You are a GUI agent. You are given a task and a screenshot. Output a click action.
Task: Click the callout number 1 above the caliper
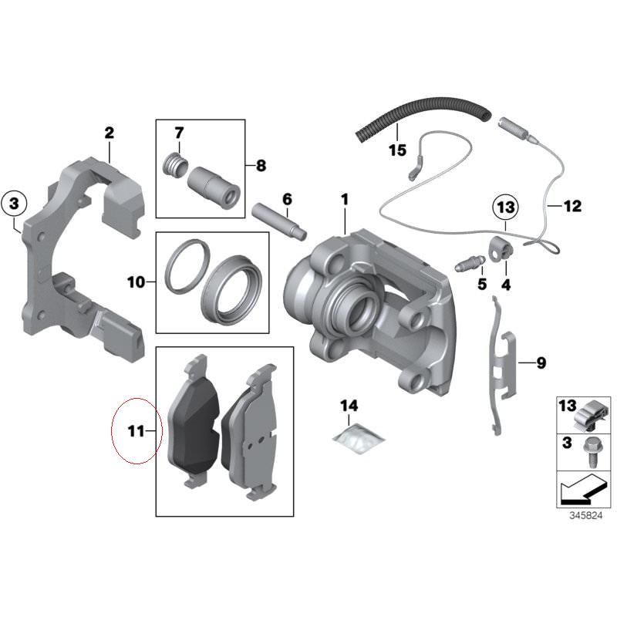click(x=345, y=200)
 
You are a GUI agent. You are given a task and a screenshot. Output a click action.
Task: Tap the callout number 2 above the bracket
click(x=110, y=133)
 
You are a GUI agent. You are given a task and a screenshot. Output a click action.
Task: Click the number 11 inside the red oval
click(x=136, y=431)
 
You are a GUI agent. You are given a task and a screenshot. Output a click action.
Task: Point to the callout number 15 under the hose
click(x=397, y=150)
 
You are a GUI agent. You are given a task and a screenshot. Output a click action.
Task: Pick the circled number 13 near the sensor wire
click(x=504, y=207)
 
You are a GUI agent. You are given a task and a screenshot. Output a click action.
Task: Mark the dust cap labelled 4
click(x=501, y=249)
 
